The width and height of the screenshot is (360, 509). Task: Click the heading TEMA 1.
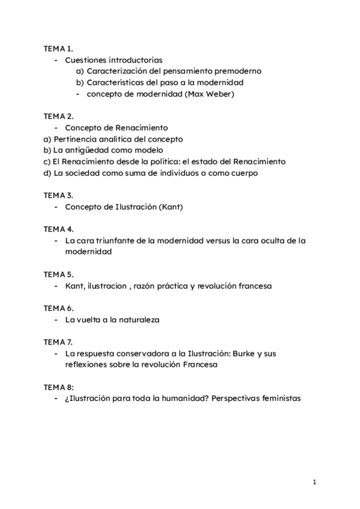pos(58,49)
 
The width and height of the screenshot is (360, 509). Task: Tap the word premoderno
pos(236,71)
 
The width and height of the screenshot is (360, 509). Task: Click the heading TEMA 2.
pos(58,116)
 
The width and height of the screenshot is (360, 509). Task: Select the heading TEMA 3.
pos(58,196)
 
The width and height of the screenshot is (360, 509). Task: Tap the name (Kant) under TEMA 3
pos(170,207)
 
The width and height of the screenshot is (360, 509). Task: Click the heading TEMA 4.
pos(58,229)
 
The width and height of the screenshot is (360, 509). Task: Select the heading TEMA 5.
pos(58,274)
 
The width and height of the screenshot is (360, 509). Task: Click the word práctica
pos(171,286)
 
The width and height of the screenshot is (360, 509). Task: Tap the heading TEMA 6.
pos(58,308)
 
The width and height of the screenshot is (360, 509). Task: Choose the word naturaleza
pos(139,320)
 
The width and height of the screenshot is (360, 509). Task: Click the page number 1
pos(314,482)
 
